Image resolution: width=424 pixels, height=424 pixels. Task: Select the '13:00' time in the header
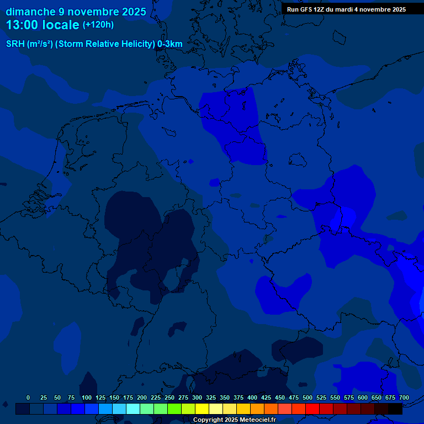coord(22,25)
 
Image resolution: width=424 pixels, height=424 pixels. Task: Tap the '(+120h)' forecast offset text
coord(98,25)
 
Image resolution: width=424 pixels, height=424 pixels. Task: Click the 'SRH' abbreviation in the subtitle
coord(15,44)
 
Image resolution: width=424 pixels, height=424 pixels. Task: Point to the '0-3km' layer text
coord(170,44)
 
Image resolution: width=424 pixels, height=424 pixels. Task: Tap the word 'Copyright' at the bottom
coord(208,420)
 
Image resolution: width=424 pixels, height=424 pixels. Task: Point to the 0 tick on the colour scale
coord(28,398)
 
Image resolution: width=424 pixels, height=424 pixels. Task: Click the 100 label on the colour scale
coord(87,398)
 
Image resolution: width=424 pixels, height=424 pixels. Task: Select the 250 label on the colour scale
coord(169,398)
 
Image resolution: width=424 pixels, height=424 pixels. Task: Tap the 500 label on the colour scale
coord(308,398)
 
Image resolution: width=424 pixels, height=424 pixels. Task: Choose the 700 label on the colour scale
coord(404,398)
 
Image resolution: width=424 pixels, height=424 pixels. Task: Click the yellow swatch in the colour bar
coord(202,409)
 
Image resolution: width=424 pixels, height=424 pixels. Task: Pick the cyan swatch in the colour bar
coord(133,409)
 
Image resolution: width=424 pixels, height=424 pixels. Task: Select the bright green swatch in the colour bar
coord(174,409)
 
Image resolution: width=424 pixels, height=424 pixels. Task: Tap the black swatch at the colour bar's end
coord(395,409)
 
